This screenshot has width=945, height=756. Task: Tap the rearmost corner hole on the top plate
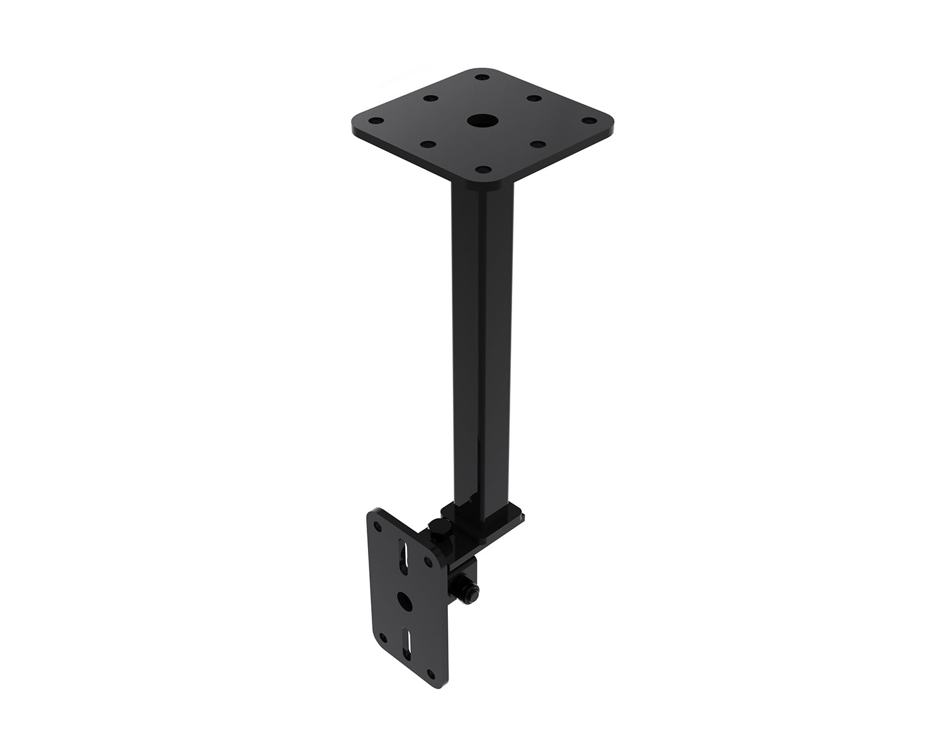482,77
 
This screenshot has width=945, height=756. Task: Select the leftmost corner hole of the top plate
375,121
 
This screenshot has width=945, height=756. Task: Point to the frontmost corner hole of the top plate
482,169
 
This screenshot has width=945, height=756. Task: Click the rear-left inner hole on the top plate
431,99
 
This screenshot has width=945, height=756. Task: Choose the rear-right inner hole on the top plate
533,98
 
